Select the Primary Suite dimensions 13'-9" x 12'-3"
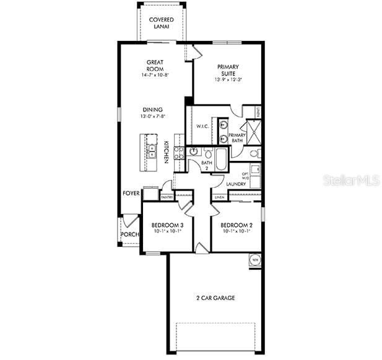(x=228, y=79)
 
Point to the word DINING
(x=152, y=109)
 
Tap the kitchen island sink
(x=151, y=150)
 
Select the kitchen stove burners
(x=178, y=153)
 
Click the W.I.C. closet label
(x=202, y=126)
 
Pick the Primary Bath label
(x=237, y=138)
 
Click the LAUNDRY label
(x=236, y=184)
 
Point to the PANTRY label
(x=167, y=197)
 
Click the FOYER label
(x=131, y=194)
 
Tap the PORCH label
(x=129, y=234)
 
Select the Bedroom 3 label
(x=168, y=225)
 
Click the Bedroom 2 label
(x=235, y=225)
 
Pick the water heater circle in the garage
(x=254, y=260)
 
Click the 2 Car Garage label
(x=215, y=298)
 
